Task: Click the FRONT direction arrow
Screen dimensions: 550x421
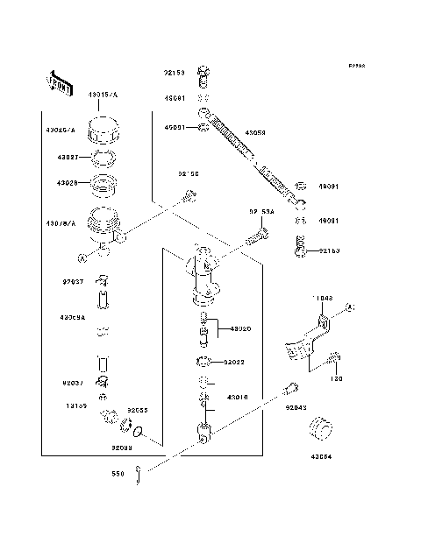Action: coord(58,81)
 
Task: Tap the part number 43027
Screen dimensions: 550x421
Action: coord(68,159)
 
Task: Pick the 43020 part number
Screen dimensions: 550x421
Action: coord(240,328)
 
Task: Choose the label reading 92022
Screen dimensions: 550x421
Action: coord(234,361)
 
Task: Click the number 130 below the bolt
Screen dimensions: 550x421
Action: coord(337,379)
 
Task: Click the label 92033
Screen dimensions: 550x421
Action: coord(122,447)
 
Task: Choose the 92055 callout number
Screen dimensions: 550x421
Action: coord(139,409)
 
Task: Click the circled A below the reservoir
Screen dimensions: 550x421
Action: coord(81,257)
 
